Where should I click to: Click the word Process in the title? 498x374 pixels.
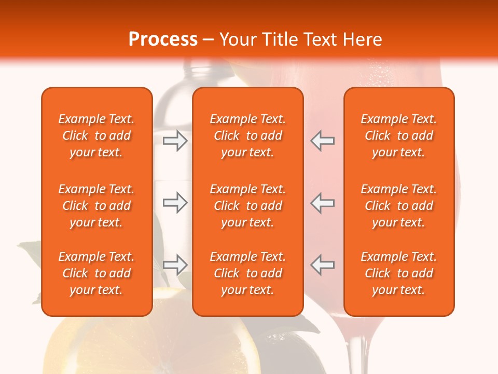pos(163,39)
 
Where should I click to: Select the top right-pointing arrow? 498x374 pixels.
pos(175,141)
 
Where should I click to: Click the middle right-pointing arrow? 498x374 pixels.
pos(175,203)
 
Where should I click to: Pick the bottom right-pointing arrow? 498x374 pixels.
pos(175,265)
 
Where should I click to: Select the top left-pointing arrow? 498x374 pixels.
pos(322,141)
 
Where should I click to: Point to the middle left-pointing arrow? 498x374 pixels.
pos(322,203)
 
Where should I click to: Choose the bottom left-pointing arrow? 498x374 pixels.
pos(322,265)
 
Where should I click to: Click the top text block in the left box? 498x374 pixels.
pos(96,136)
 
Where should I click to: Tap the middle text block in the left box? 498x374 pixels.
pos(96,206)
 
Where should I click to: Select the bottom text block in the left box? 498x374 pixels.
pos(96,273)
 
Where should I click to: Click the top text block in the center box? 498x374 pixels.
pos(247,136)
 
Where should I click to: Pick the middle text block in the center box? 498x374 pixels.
pos(247,206)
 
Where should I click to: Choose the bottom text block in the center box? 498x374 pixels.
pos(247,273)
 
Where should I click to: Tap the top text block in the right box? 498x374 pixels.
pos(398,136)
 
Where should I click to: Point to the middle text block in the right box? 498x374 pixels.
pos(398,206)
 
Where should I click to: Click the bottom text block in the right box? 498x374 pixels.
pos(398,273)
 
